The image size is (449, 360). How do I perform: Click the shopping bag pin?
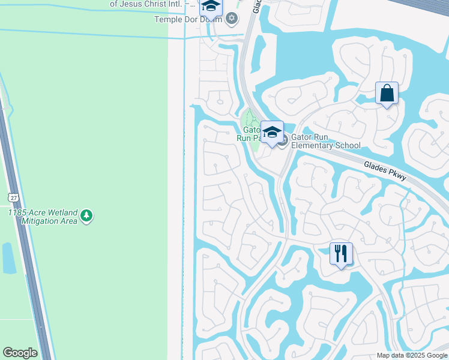click(x=387, y=94)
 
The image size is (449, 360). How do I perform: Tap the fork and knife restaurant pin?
click(x=341, y=253)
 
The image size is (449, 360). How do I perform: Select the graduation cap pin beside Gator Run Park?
click(x=272, y=133)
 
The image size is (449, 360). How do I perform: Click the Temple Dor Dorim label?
click(x=188, y=19)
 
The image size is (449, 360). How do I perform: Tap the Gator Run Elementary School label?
click(x=325, y=141)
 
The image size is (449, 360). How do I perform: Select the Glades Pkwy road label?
click(x=385, y=171)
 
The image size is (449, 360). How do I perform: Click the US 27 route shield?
click(x=13, y=197)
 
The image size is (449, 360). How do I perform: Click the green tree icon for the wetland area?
click(x=86, y=215)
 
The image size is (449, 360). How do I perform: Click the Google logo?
click(x=20, y=353)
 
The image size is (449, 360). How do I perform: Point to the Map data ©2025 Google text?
click(x=412, y=355)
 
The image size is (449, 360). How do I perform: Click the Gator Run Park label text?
click(x=249, y=133)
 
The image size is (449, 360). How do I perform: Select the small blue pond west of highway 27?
click(x=9, y=258)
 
